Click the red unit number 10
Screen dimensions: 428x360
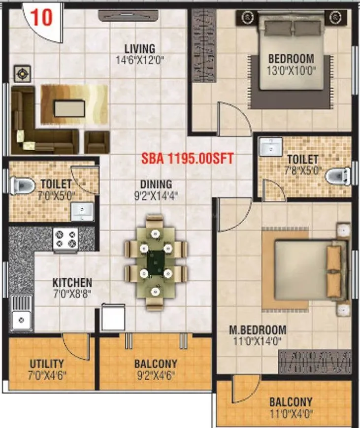43,18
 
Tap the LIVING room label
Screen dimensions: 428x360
139,49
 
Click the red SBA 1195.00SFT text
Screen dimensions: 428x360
187,159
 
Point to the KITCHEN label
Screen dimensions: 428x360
72,283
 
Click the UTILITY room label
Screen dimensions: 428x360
47,364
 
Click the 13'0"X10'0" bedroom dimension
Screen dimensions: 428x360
291,70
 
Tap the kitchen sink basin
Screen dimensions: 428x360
20,320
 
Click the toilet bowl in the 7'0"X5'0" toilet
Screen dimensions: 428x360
22,186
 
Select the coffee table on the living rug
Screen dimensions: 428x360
69,108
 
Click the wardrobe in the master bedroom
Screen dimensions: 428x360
315,361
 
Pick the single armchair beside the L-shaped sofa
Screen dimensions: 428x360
97,141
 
